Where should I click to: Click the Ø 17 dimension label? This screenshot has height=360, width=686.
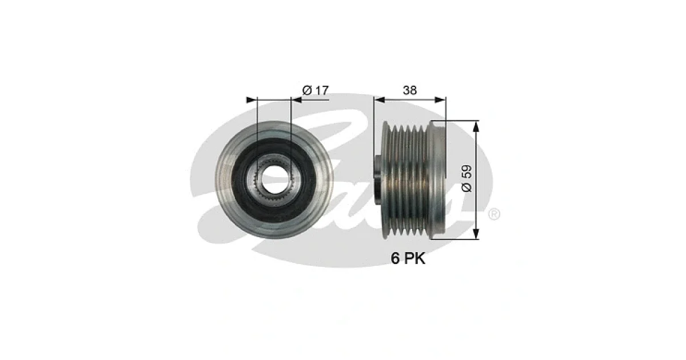point(315,90)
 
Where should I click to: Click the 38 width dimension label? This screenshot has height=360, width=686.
point(410,90)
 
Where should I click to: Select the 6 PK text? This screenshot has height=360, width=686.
point(408,258)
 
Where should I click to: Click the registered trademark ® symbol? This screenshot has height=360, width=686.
point(494,214)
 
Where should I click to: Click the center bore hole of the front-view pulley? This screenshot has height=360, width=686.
point(275,180)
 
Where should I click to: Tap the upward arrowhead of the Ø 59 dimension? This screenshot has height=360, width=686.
point(476,126)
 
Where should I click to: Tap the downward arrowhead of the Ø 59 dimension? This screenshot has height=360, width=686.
point(476,233)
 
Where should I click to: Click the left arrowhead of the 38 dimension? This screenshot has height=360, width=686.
point(380,100)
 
